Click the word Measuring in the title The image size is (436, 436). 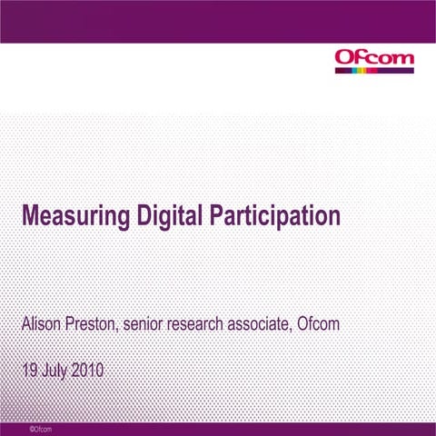(x=74, y=218)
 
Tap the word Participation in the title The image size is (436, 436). (x=275, y=218)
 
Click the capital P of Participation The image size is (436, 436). (x=217, y=216)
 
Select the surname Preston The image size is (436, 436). (x=94, y=323)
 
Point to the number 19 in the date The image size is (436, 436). (x=30, y=371)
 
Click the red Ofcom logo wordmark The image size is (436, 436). (x=374, y=58)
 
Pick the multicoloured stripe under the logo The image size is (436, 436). (x=374, y=70)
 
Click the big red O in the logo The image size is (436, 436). (x=346, y=58)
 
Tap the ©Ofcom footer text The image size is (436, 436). (x=40, y=428)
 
